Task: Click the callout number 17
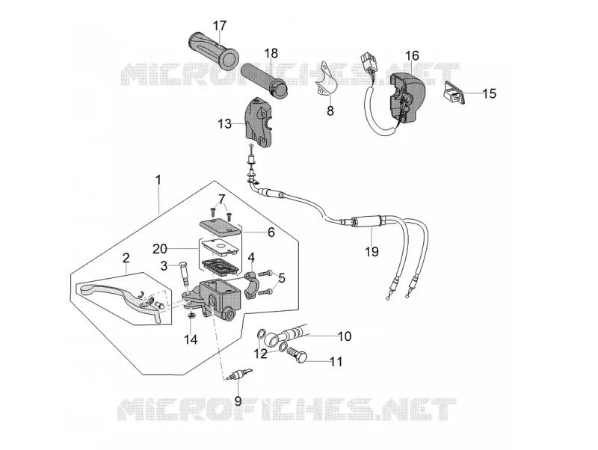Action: pos(220,26)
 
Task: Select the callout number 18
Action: pos(271,53)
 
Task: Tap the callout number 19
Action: pos(372,252)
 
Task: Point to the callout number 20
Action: pos(160,249)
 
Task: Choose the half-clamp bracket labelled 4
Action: pos(250,286)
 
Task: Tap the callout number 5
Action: pos(282,278)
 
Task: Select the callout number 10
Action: pos(345,336)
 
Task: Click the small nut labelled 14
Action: pos(192,315)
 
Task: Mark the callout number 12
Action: pos(261,354)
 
